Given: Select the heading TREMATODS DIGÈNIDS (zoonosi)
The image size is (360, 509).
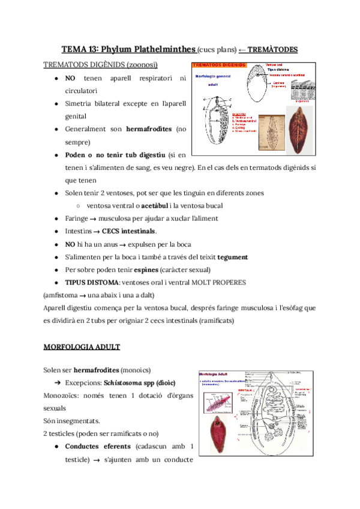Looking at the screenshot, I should pos(101,65).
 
